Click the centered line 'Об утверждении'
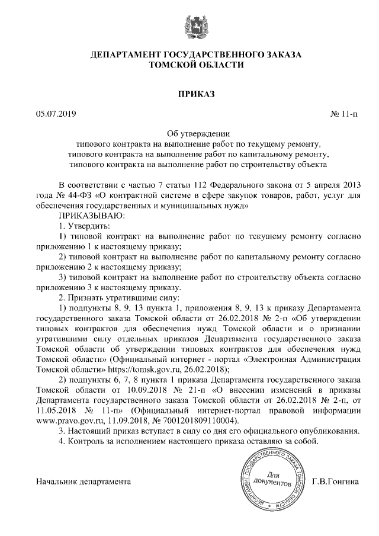[x=195, y=133]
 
